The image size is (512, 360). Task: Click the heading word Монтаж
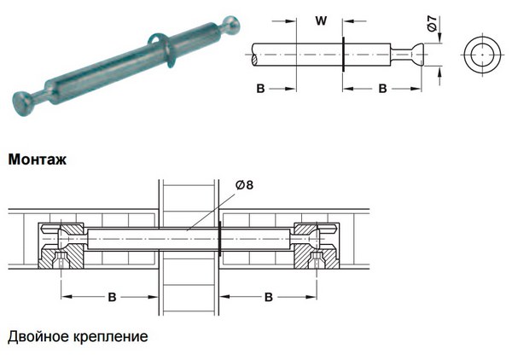(x=37, y=160)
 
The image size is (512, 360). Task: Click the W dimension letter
(x=320, y=17)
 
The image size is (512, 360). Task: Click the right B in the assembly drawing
(x=268, y=297)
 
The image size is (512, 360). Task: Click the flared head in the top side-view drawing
(x=413, y=56)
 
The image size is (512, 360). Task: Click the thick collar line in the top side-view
(x=342, y=56)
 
